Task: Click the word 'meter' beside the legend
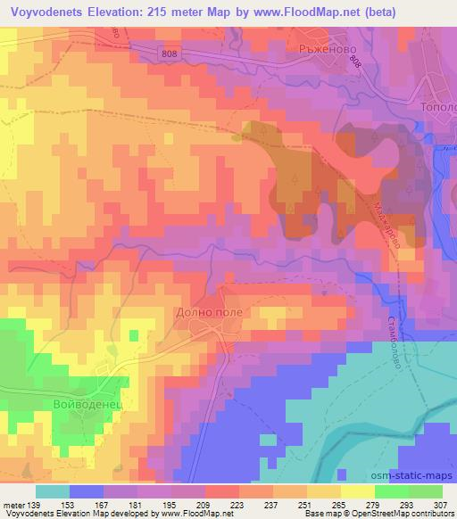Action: [12, 504]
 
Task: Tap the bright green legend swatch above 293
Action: [392, 491]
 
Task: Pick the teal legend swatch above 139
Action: [53, 491]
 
